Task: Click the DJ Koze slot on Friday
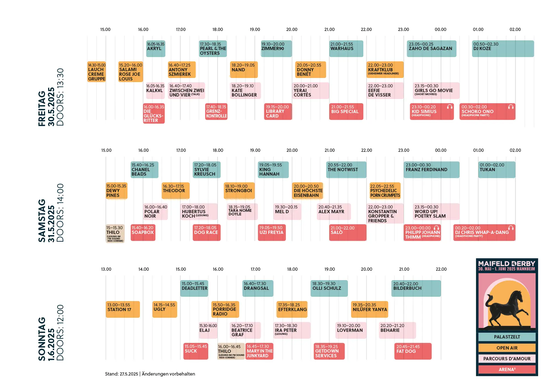pyautogui.click(x=503, y=49)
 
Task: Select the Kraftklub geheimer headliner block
pyautogui.click(x=385, y=70)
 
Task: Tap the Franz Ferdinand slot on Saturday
pyautogui.click(x=431, y=170)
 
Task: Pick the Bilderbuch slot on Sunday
pyautogui.click(x=416, y=288)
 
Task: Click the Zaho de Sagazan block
pyautogui.click(x=431, y=49)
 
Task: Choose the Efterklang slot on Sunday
pyautogui.click(x=292, y=309)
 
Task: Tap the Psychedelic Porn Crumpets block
pyautogui.click(x=385, y=191)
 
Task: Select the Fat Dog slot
pyautogui.click(x=413, y=351)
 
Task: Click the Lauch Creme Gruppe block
pyautogui.click(x=96, y=72)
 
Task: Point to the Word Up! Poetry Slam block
pyautogui.click(x=436, y=212)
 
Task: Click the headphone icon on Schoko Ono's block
pyautogui.click(x=511, y=107)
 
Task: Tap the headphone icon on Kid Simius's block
pyautogui.click(x=450, y=107)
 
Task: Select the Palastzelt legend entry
pyautogui.click(x=507, y=337)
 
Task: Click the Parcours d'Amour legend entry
pyautogui.click(x=507, y=359)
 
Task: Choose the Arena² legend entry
pyautogui.click(x=507, y=369)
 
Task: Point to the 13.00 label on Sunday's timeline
pyautogui.click(x=106, y=269)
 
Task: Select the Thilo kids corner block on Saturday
pyautogui.click(x=115, y=234)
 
